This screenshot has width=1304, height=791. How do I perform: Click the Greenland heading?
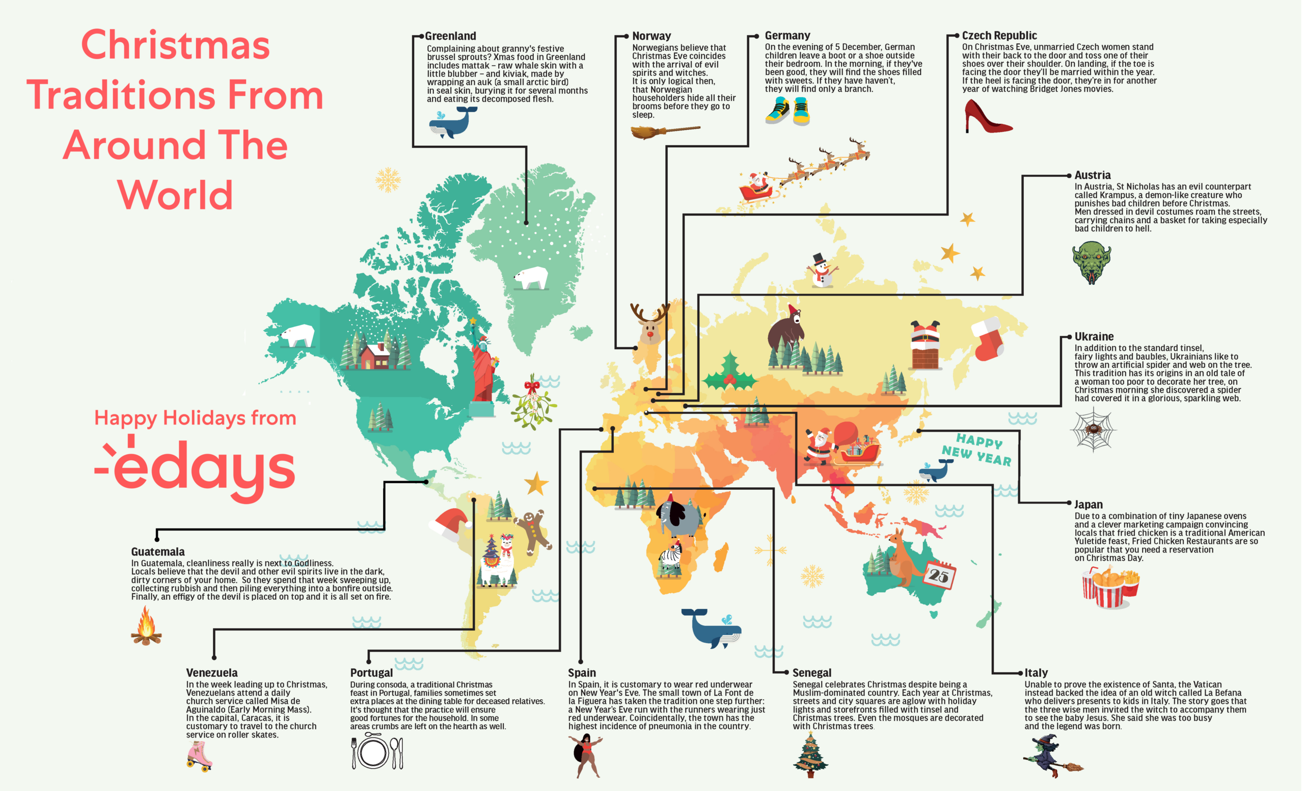450,36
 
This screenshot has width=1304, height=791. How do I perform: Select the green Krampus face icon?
1092,262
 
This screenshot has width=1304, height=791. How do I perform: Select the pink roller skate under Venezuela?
200,756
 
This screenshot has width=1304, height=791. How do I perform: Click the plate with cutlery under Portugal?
377,752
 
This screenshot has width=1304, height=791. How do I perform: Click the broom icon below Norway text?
664,131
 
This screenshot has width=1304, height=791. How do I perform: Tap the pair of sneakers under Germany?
787,111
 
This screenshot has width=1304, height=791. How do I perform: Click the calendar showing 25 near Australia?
940,575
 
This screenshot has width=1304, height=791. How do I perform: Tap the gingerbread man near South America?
533,530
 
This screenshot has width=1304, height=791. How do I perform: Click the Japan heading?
1088,505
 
